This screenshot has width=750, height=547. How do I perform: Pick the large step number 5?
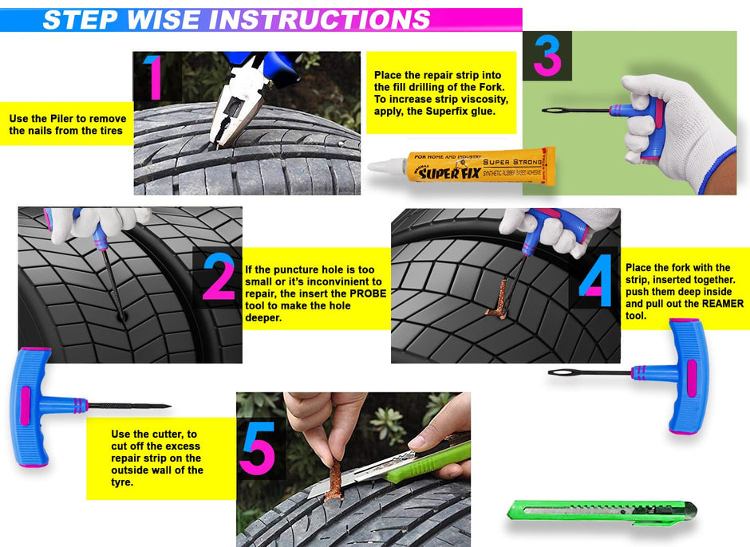(257, 449)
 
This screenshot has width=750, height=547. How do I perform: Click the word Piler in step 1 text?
(64, 119)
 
